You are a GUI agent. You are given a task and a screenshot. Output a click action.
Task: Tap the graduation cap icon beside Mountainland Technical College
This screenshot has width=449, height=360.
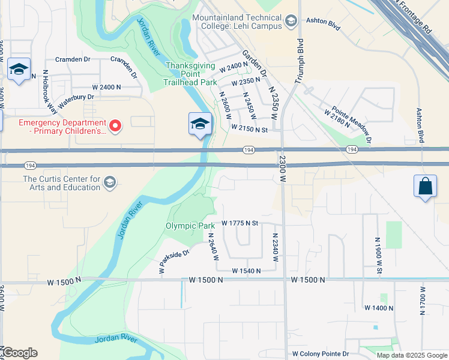pyautogui.click(x=291, y=22)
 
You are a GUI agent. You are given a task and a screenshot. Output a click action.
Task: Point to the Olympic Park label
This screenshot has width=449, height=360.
pyautogui.click(x=190, y=226)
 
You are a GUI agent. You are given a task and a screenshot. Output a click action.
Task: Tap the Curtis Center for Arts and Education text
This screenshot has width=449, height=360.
pyautogui.click(x=62, y=183)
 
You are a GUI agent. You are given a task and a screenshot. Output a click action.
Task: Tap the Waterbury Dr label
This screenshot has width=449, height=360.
pyautogui.click(x=74, y=97)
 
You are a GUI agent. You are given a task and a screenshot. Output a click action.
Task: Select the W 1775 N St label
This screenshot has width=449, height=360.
pyautogui.click(x=240, y=223)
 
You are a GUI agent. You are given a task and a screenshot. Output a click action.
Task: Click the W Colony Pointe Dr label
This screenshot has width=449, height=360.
pyautogui.click(x=321, y=354)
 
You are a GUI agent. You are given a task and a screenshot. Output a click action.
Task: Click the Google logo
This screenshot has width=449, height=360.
pyautogui.click(x=19, y=353)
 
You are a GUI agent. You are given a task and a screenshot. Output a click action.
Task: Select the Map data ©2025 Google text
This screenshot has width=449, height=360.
pyautogui.click(x=411, y=355)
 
